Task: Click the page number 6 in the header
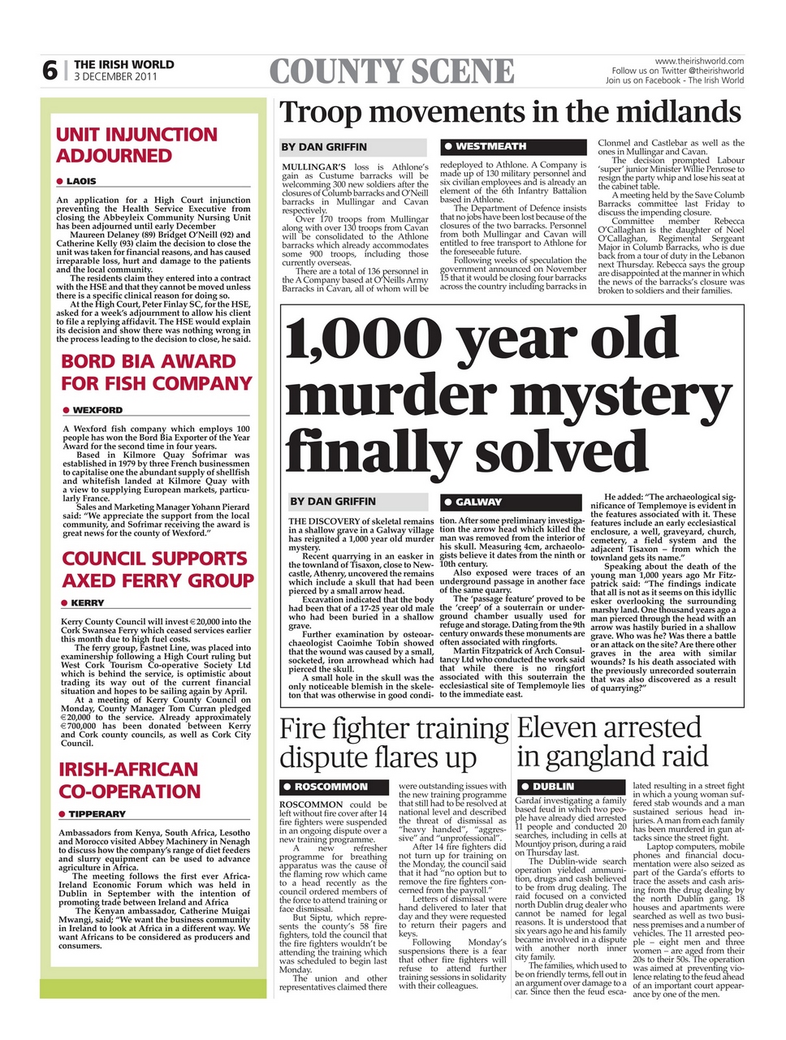pyautogui.click(x=50, y=71)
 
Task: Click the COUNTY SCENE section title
pyautogui.click(x=391, y=72)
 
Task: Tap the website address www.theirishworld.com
pyautogui.click(x=698, y=62)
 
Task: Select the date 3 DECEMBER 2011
pyautogui.click(x=114, y=77)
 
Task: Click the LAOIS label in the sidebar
pyautogui.click(x=80, y=181)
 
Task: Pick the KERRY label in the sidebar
pyautogui.click(x=87, y=603)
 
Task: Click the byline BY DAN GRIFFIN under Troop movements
pyautogui.click(x=324, y=147)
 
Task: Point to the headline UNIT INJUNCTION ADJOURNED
pyautogui.click(x=136, y=145)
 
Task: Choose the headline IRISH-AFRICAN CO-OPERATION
pyautogui.click(x=128, y=780)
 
